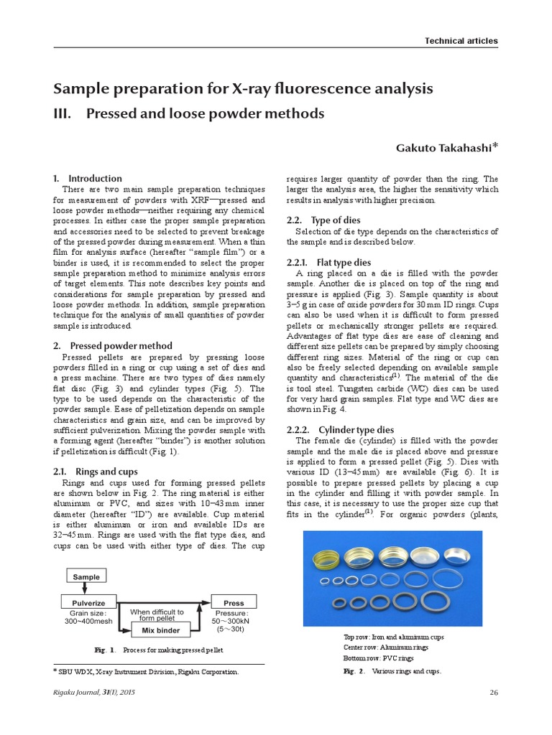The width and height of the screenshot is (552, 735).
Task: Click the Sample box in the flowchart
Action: click(86, 576)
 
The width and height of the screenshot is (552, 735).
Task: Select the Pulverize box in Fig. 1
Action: click(88, 603)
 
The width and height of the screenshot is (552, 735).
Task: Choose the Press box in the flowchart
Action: click(234, 603)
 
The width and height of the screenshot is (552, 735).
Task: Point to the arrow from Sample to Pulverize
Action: click(86, 589)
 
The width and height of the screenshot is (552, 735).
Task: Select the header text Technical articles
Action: click(461, 41)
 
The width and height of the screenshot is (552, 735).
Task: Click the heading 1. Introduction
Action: click(88, 178)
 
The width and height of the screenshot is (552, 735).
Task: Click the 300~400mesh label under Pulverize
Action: click(88, 622)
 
